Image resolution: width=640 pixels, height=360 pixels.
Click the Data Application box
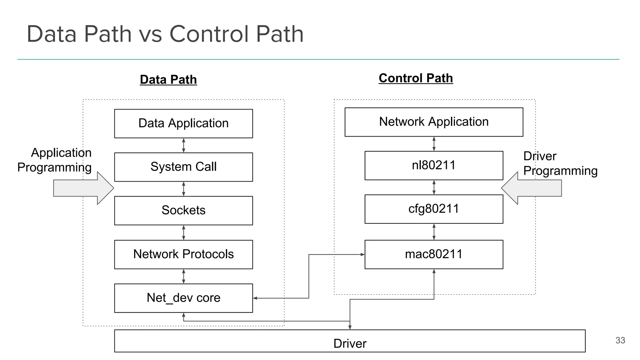tap(183, 123)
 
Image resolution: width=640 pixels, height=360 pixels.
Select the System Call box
tap(183, 167)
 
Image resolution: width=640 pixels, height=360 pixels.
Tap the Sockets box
tap(183, 210)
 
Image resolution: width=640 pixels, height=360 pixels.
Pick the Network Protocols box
tap(183, 254)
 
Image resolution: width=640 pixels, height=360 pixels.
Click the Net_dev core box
tap(183, 298)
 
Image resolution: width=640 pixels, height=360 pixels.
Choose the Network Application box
tap(434, 122)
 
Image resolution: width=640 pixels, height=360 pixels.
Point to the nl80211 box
tap(434, 165)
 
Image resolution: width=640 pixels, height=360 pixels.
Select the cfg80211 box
tap(434, 209)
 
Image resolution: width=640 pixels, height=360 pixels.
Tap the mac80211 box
tap(434, 254)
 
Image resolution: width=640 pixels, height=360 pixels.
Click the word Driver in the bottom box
tap(350, 343)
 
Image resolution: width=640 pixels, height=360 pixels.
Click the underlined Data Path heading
tap(168, 80)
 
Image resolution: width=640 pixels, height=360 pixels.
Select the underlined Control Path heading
tap(416, 78)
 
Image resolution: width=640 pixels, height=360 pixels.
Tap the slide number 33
tap(620, 340)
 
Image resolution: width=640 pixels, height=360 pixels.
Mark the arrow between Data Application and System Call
tap(183, 145)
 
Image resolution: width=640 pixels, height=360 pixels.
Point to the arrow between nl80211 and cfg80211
tap(434, 187)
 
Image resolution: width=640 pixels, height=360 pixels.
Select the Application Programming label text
tap(55, 160)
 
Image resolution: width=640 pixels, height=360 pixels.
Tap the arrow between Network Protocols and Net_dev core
tap(183, 276)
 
